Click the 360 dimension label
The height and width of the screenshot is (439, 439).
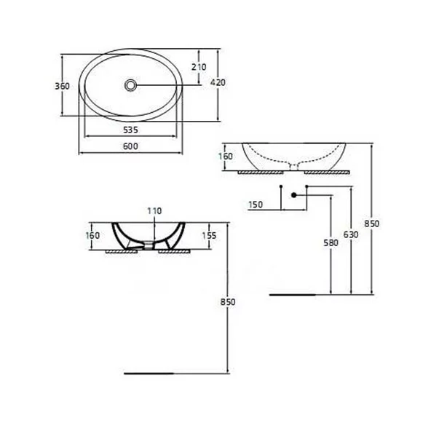pos(62,86)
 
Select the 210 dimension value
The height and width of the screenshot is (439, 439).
pos(198,67)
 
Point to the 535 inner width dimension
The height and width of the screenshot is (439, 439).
pos(130,130)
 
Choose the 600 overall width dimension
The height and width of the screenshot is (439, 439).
pos(130,146)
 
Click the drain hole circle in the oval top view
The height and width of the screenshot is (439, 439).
pos(130,85)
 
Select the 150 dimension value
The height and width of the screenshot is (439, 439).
pos(256,205)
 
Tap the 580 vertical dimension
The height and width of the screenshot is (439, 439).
pos(332,244)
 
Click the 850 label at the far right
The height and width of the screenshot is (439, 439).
pos(372,224)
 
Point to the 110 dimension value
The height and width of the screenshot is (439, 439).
pos(153,212)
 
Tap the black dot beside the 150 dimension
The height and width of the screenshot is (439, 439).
pos(292,195)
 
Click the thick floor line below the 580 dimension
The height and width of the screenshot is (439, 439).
pos(292,295)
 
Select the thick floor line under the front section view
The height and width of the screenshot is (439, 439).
pos(150,373)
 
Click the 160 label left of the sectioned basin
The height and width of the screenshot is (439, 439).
pos(92,236)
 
